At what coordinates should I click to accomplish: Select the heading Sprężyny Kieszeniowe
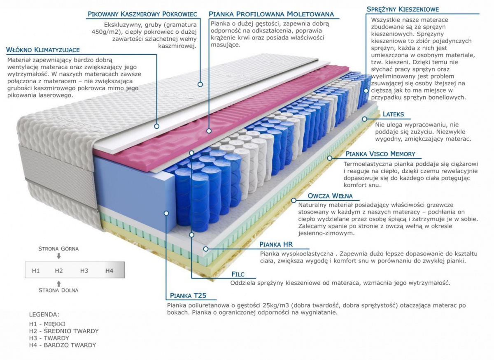403,9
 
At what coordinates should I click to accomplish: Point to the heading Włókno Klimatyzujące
43,50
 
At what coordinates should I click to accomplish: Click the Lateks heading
393,114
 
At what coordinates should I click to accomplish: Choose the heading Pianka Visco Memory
380,154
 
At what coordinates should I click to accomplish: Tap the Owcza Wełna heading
330,196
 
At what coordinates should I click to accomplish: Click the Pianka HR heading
276,244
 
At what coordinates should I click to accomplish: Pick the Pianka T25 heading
188,295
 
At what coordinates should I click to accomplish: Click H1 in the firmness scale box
36,270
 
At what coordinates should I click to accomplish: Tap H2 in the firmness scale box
59,270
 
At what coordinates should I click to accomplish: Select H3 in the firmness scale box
84,270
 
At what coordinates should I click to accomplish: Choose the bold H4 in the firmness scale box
109,270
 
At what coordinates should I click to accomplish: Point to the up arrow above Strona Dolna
59,283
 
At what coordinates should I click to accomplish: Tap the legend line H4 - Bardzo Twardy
62,345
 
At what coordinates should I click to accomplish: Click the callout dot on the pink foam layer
209,131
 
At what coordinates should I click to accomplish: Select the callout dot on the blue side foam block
166,213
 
